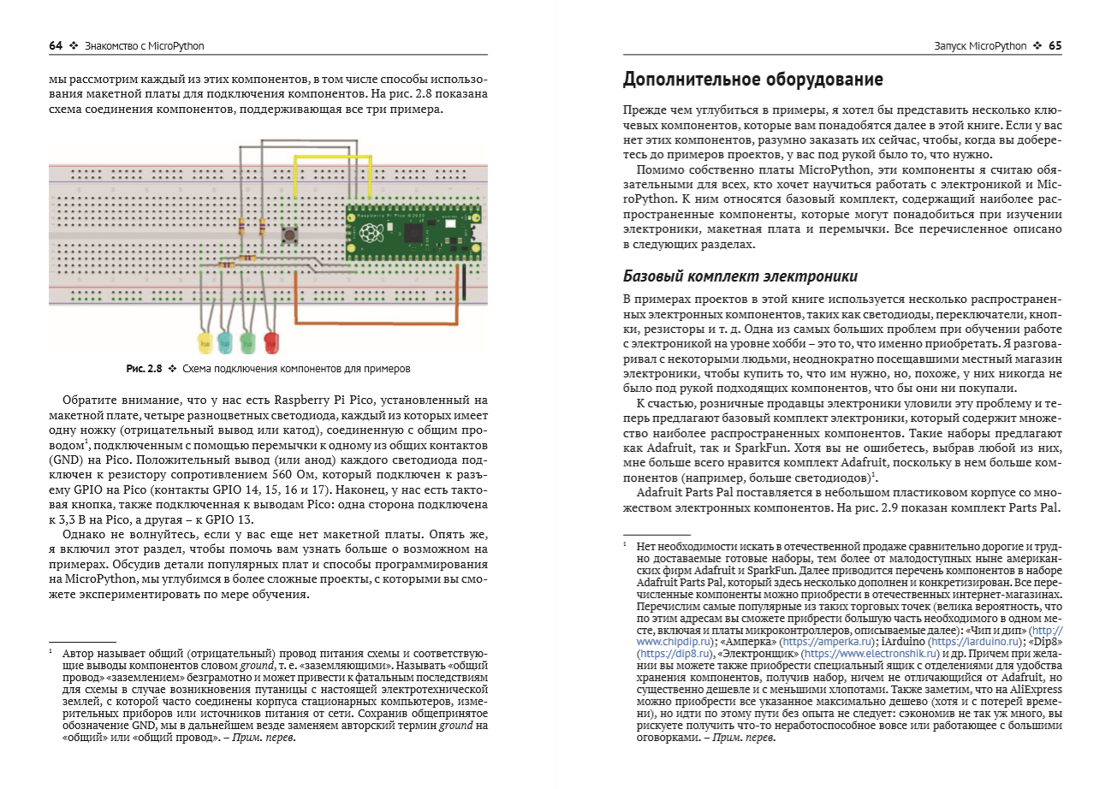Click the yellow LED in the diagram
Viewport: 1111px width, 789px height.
click(x=205, y=344)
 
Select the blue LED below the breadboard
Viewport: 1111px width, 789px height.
click(x=226, y=344)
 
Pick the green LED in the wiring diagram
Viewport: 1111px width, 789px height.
click(x=248, y=344)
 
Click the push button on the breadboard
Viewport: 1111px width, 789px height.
click(x=290, y=234)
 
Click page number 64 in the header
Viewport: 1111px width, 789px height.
click(x=56, y=45)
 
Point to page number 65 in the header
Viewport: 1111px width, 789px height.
click(x=1055, y=45)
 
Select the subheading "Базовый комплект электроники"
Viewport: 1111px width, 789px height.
click(x=740, y=276)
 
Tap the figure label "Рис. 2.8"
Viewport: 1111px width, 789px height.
click(x=143, y=369)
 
